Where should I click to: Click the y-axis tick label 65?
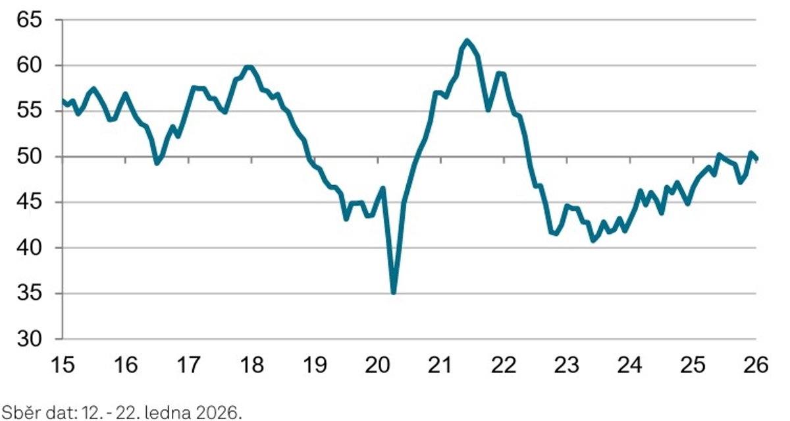click(x=30, y=20)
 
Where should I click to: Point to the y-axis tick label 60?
click(x=30, y=65)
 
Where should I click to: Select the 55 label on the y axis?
click(x=30, y=111)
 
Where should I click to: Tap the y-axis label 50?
click(x=30, y=157)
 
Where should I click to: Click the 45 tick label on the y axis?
click(x=30, y=202)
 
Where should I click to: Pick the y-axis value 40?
click(x=30, y=248)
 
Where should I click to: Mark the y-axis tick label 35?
click(x=30, y=293)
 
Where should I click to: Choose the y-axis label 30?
click(x=30, y=339)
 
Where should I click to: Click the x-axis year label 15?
click(x=63, y=364)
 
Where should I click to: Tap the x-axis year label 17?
click(x=188, y=364)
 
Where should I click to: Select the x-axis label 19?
click(x=314, y=364)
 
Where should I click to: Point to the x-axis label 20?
click(x=377, y=364)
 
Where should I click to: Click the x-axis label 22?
click(x=504, y=364)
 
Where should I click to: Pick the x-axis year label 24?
click(x=630, y=364)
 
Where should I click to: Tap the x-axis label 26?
click(x=756, y=364)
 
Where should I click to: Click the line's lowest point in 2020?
click(x=394, y=292)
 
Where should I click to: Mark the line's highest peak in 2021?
click(x=467, y=41)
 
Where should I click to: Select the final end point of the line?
click(x=756, y=159)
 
